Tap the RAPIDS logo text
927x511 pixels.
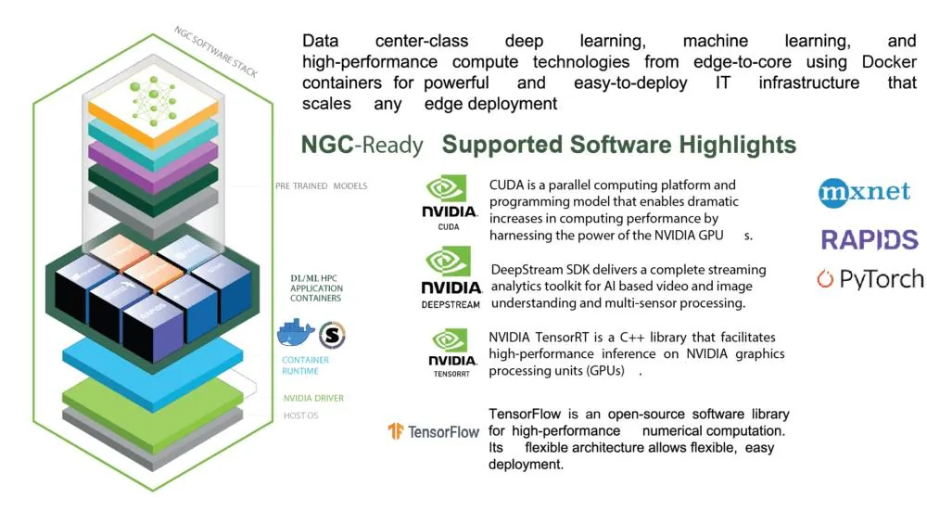point(870,240)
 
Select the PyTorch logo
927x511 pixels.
point(870,279)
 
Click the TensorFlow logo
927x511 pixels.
point(434,431)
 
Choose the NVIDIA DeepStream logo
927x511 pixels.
point(451,277)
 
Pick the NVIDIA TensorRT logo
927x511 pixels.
point(451,353)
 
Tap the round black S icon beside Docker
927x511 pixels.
point(332,336)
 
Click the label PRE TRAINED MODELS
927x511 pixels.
point(321,186)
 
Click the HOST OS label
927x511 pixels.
point(300,415)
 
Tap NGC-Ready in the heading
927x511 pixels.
point(362,145)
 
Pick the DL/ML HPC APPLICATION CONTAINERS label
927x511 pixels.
point(316,288)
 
